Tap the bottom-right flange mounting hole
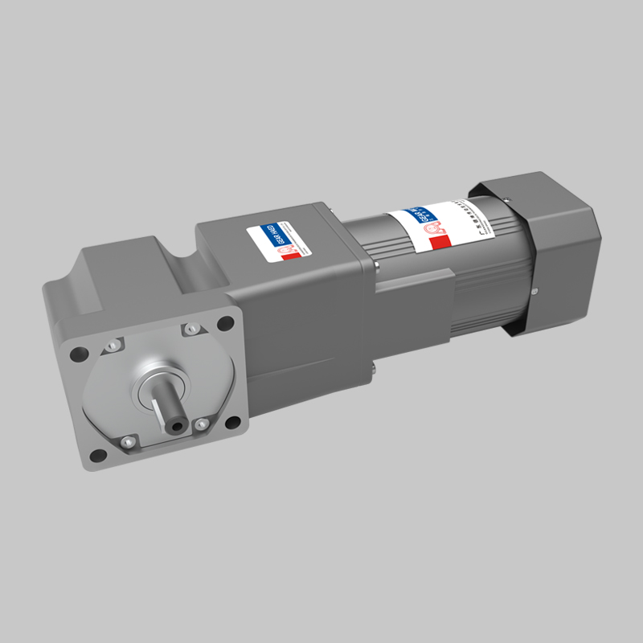point(235,424)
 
